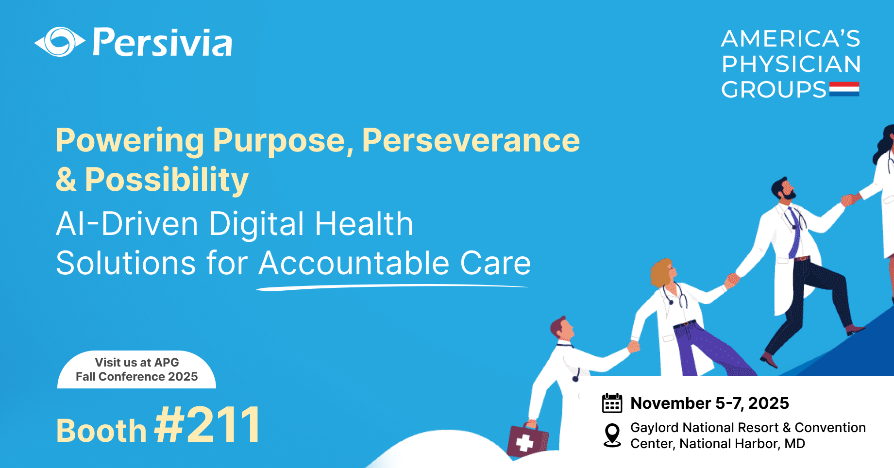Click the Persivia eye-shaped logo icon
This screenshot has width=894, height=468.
click(60, 42)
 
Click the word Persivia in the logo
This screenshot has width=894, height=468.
click(163, 43)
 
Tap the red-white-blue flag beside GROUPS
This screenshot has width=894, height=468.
click(844, 89)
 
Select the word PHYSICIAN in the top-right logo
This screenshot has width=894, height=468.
click(791, 64)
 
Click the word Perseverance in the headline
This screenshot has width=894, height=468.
click(471, 140)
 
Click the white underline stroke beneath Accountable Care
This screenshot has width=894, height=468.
click(392, 287)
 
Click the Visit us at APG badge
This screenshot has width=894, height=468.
click(136, 369)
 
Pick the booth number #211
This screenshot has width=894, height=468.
click(207, 425)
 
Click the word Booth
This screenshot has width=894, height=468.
click(101, 431)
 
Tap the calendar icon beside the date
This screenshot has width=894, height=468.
click(612, 403)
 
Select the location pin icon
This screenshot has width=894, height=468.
click(612, 435)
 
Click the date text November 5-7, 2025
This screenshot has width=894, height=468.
click(709, 403)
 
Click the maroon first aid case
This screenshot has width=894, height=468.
click(527, 439)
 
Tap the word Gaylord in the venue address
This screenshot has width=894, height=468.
click(655, 428)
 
